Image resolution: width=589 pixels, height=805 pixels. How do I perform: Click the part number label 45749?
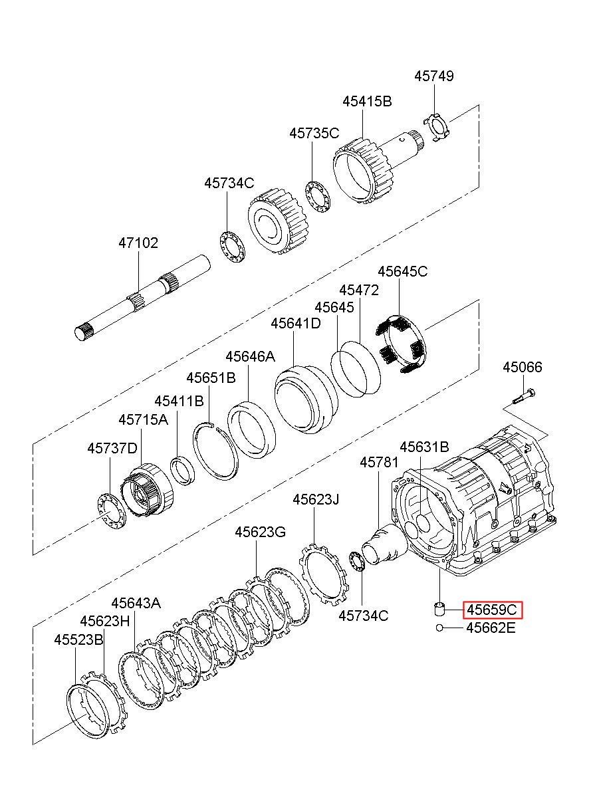click(433, 76)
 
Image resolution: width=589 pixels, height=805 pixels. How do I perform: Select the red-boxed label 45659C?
click(492, 610)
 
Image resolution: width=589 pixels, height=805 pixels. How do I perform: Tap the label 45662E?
click(491, 628)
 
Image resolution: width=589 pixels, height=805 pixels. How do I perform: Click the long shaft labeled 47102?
click(143, 298)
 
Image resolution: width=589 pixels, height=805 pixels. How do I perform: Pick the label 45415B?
click(366, 101)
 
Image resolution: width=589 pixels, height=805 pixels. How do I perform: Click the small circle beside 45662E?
click(439, 628)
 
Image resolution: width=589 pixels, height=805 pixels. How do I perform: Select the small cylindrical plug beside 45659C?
click(439, 609)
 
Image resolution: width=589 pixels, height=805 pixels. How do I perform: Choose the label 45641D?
click(295, 324)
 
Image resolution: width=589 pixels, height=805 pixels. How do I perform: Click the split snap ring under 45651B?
click(215, 451)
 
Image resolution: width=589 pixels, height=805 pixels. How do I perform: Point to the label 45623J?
click(316, 499)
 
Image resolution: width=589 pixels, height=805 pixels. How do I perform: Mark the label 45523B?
click(78, 639)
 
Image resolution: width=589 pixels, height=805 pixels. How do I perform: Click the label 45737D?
click(112, 448)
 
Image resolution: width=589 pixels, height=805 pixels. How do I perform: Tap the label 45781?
click(379, 463)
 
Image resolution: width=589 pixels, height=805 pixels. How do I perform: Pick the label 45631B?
click(424, 447)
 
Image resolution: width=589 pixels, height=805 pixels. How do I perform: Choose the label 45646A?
click(250, 356)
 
